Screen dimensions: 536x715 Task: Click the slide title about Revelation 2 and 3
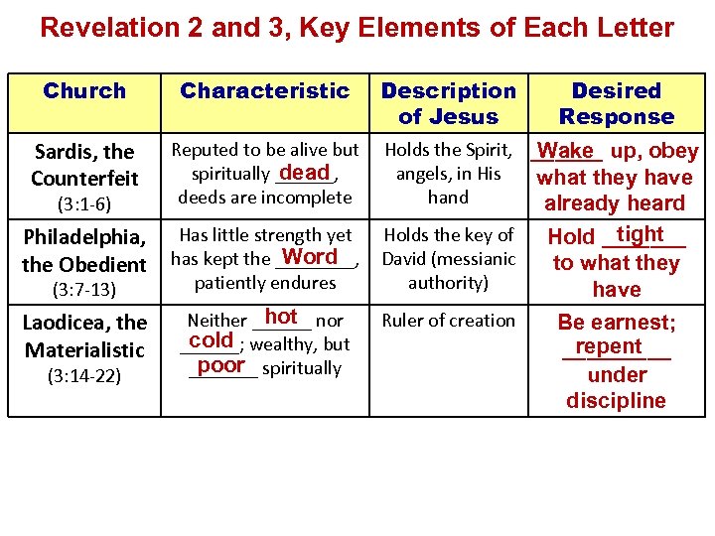click(357, 27)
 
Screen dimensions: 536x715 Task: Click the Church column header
click(84, 91)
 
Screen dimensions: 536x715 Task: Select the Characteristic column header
click(264, 91)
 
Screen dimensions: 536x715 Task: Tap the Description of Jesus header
click(449, 103)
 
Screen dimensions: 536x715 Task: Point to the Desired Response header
click(616, 103)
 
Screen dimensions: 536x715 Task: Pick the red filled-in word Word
click(310, 257)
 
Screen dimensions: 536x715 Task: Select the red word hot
click(281, 317)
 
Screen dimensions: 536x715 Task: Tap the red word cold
click(211, 340)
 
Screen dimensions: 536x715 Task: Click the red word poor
click(220, 364)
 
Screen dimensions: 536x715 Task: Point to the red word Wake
click(567, 151)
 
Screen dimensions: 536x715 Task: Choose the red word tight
click(640, 233)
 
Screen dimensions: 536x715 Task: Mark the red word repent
click(609, 346)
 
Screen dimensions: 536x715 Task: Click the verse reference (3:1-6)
click(84, 204)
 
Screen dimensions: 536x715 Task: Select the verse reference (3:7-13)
click(84, 290)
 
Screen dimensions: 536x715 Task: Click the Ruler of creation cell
click(449, 320)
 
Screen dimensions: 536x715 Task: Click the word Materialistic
click(84, 349)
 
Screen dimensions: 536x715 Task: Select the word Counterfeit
click(84, 179)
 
